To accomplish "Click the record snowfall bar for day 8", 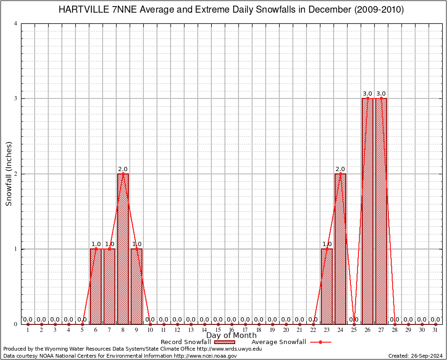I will pos(123,248).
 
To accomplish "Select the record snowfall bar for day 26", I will pos(367,211).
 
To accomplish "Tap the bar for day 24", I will pos(340,248).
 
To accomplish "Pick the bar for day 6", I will pos(96,286).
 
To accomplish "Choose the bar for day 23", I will pos(327,286).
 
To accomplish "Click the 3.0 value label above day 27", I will pos(381,94).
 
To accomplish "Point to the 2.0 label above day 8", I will pos(123,169).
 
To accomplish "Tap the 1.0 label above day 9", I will pos(136,244).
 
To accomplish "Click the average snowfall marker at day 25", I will pos(354,324).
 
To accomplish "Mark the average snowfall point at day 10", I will pos(150,324).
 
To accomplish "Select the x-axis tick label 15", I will pos(218,330).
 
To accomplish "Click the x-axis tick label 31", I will pos(435,330).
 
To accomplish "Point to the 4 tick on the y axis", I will pos(16,23).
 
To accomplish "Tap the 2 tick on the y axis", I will pos(16,174).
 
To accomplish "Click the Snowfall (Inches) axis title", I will pos(9,174).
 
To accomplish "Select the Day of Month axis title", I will pos(231,336).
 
